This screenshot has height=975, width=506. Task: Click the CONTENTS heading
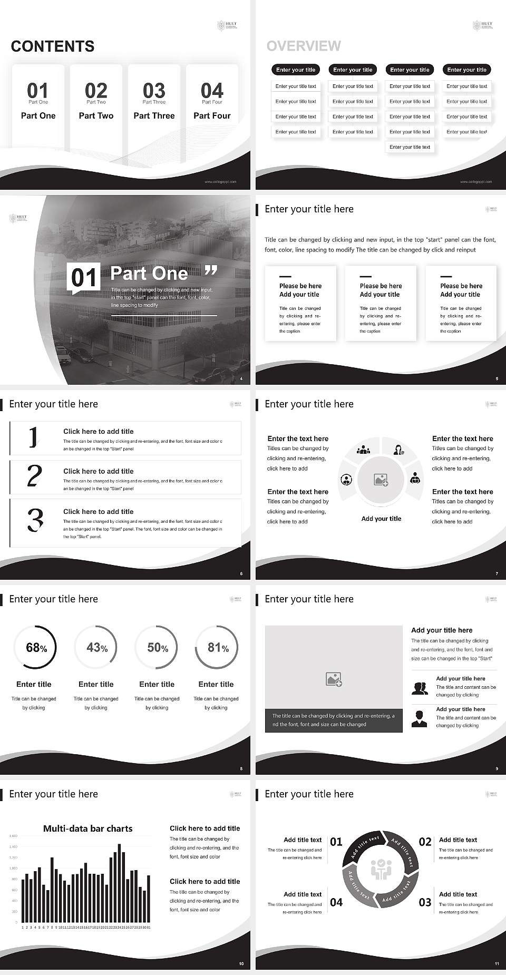point(53,46)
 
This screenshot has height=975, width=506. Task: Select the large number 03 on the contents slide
point(154,90)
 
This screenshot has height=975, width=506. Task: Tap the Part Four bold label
point(212,115)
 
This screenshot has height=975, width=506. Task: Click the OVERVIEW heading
point(304,46)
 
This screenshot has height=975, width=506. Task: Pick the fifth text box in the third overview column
point(410,147)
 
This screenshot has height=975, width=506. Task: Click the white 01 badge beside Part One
point(83,277)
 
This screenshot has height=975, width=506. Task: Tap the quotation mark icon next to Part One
point(211,271)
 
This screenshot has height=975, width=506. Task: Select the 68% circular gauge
point(34,647)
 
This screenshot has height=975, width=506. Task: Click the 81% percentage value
point(218,647)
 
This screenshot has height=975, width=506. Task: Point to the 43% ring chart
point(96,647)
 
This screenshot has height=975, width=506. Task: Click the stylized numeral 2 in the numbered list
point(34,476)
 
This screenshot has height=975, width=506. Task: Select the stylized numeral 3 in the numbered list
point(35,520)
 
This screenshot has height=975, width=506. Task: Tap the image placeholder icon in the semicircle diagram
point(381,480)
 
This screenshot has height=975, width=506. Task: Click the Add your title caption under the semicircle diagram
point(381,519)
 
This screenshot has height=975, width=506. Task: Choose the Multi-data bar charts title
point(87,828)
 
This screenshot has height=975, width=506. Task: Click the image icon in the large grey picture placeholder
point(334,679)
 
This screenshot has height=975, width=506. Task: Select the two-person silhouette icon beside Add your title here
point(420,688)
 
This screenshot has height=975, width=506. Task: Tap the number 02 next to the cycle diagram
point(425,842)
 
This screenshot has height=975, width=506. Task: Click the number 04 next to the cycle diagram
point(336,902)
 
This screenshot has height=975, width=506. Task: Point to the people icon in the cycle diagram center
point(381,870)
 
